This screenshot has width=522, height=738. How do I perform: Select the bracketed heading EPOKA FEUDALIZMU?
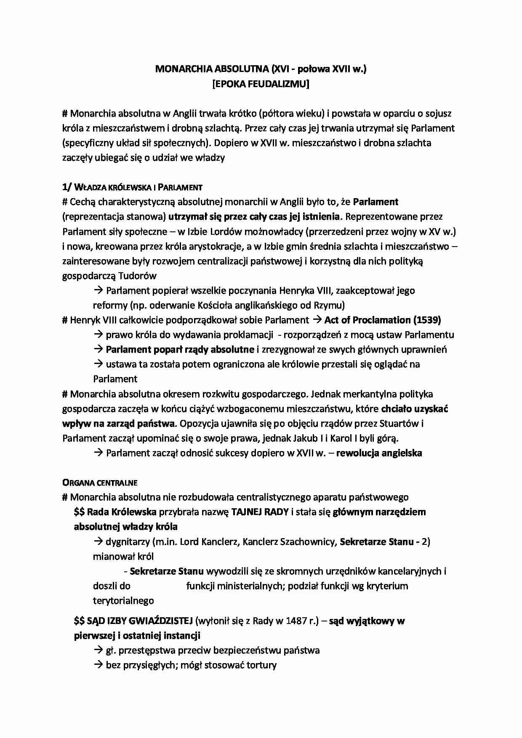261,84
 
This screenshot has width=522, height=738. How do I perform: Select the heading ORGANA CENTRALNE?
100,483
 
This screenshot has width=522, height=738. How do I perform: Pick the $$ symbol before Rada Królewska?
79,512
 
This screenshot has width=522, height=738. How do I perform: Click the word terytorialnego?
123,601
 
